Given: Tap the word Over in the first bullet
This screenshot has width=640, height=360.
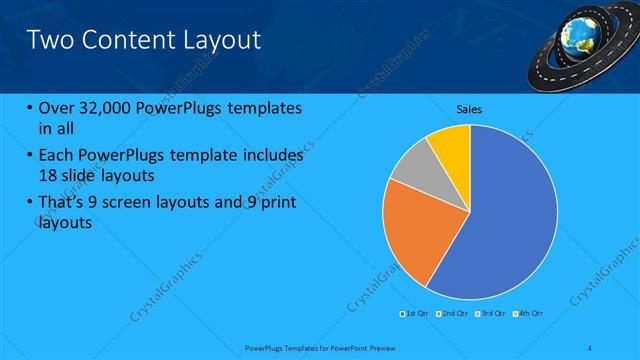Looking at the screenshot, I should coord(58,108).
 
